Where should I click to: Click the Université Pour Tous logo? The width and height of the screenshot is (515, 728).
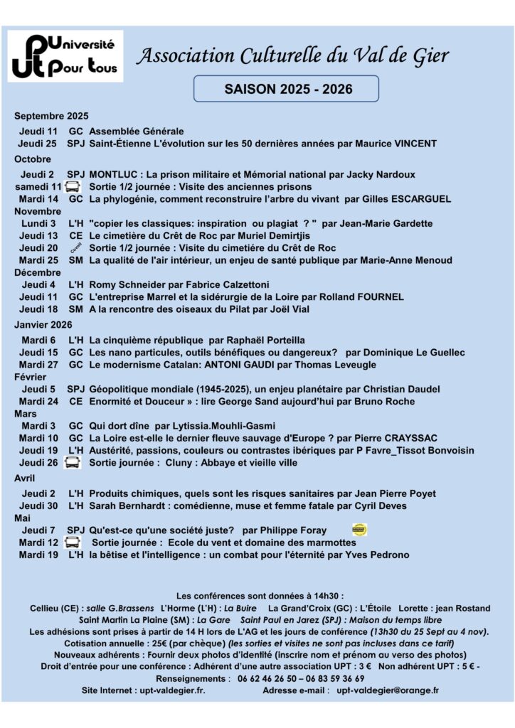click(65, 56)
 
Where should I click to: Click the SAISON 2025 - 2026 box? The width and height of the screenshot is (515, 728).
click(286, 89)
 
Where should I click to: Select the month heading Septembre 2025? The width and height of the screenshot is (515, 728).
click(51, 116)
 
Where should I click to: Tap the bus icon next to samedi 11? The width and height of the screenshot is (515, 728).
click(72, 187)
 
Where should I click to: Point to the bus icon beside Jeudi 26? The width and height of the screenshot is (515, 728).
click(72, 463)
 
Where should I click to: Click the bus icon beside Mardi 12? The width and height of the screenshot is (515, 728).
click(72, 542)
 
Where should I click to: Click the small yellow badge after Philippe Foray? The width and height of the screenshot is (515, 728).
click(360, 530)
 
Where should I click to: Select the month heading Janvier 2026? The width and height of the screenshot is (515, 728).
click(43, 324)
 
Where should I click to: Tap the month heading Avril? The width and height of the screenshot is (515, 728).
click(24, 478)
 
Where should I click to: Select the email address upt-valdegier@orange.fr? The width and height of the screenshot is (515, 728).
click(388, 690)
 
